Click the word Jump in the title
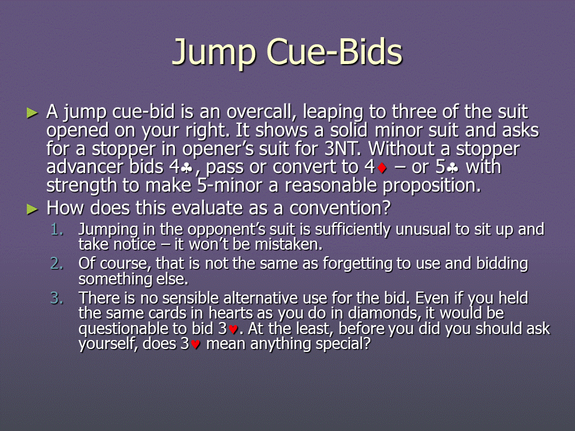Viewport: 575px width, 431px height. [214, 52]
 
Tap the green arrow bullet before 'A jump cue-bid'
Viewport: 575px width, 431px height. [32, 113]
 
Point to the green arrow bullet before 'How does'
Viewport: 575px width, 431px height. [32, 210]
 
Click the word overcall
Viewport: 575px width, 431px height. [262, 111]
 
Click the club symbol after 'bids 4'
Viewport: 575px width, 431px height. [187, 168]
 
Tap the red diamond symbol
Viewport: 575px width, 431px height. [382, 168]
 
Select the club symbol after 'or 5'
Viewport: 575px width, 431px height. [453, 168]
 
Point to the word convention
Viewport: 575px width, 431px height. [340, 208]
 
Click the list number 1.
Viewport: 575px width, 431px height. [57, 229]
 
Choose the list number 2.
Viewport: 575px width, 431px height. [57, 263]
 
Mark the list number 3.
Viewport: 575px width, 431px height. [57, 298]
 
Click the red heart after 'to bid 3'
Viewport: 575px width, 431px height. [233, 329]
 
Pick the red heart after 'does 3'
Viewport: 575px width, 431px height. [195, 345]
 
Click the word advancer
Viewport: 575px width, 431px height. [86, 167]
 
